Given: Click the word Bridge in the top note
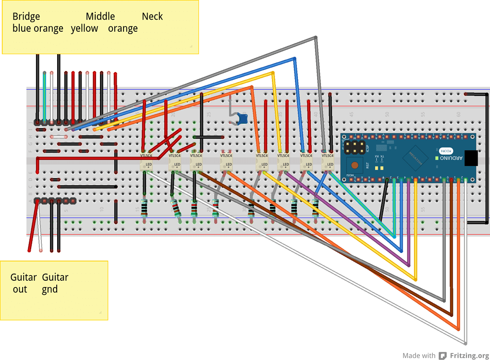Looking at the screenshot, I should [x=26, y=17].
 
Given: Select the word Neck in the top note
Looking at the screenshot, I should [x=152, y=17].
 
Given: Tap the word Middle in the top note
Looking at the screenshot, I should [x=100, y=17].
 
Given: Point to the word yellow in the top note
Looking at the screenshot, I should [x=85, y=29].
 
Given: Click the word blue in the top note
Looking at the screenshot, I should [x=22, y=29].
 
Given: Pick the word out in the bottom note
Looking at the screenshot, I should [x=20, y=289].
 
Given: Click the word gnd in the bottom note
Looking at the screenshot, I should [x=49, y=289].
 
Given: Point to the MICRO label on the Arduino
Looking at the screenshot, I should [x=445, y=150].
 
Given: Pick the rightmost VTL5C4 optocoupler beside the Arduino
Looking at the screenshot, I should [x=328, y=160].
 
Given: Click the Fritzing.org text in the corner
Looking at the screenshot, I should [x=469, y=356].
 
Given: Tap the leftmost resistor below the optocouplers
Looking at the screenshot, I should [x=144, y=209].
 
